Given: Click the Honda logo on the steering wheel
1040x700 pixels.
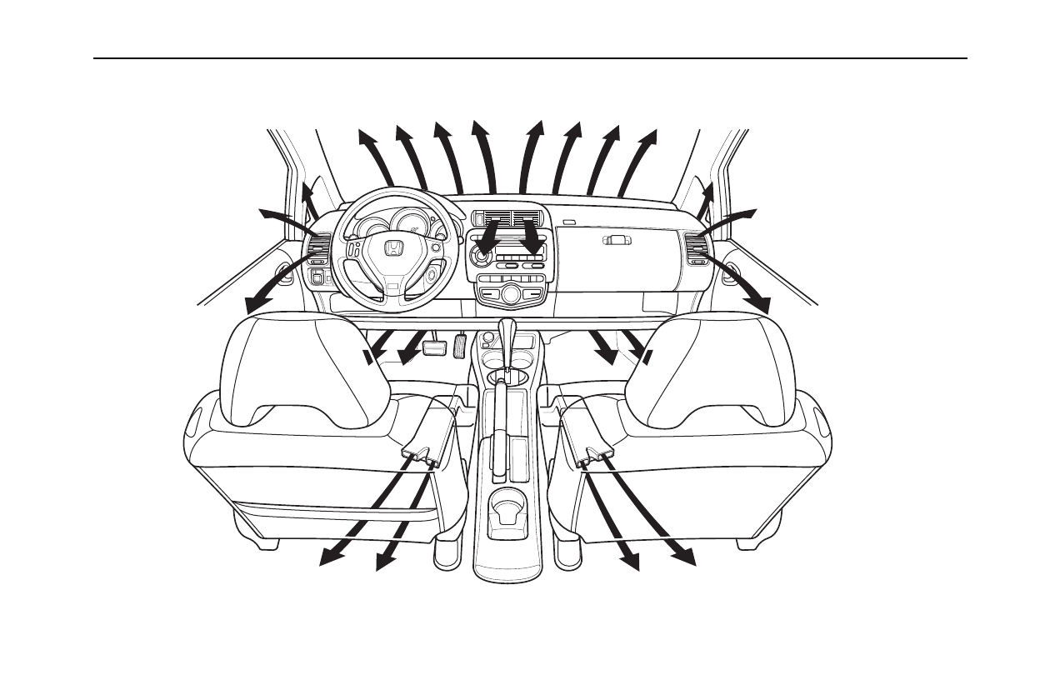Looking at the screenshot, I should [x=394, y=249].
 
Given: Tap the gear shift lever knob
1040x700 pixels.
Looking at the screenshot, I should [x=507, y=327].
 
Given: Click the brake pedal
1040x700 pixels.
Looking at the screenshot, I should [x=433, y=346].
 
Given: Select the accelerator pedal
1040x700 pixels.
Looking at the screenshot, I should [x=461, y=343].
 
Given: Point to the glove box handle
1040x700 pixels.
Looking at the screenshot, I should [x=616, y=240].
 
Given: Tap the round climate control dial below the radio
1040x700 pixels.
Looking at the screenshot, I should [x=511, y=293].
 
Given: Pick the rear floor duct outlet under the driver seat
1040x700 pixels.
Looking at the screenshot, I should [x=422, y=455].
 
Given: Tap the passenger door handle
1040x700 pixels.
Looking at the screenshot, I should [x=731, y=271].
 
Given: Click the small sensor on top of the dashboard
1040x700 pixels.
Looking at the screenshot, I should [x=569, y=222].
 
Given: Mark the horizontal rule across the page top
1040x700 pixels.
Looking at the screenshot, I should [x=530, y=58].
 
